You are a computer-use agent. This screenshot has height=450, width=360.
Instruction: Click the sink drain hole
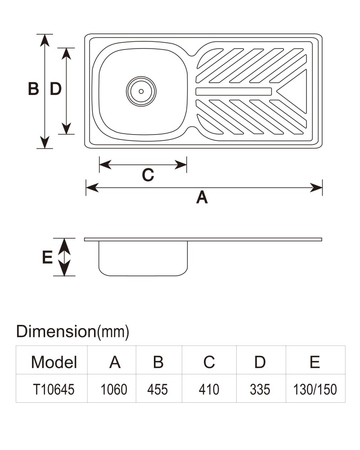(141, 91)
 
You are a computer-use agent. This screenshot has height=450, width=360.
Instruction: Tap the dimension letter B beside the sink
(33, 89)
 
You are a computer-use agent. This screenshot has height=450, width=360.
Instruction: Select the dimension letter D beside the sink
(56, 89)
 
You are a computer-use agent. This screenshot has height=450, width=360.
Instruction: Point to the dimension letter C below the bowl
(148, 175)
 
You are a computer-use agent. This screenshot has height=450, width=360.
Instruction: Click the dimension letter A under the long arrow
(202, 198)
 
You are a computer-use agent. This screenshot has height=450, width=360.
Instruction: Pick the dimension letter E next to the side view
(47, 257)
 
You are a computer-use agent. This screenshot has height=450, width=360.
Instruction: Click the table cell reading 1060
(114, 389)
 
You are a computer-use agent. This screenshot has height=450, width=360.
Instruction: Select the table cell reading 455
(157, 389)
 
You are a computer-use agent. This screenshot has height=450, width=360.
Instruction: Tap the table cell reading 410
(209, 389)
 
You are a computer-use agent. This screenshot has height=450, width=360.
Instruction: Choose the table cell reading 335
(260, 389)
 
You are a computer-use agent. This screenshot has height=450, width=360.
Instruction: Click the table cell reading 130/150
(315, 389)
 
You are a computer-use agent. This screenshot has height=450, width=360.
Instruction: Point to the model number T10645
(54, 389)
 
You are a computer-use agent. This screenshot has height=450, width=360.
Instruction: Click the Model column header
(54, 362)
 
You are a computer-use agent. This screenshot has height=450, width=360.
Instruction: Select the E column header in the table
(315, 362)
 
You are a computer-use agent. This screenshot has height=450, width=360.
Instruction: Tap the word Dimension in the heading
(56, 331)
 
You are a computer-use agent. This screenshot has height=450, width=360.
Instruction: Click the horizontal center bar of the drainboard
(234, 91)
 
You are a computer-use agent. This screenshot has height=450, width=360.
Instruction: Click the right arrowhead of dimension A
(316, 188)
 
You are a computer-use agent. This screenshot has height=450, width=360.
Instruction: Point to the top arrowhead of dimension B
(45, 40)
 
